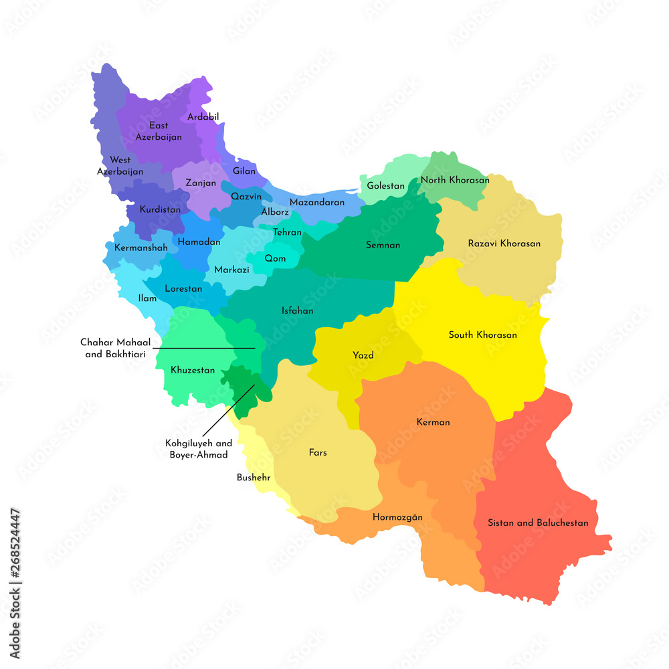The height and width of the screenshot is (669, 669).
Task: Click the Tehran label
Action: click(x=287, y=233)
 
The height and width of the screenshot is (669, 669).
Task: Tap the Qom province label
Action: click(x=275, y=258)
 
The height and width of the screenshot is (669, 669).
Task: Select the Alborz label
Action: click(x=275, y=212)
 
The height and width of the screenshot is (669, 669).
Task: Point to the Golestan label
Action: click(x=386, y=186)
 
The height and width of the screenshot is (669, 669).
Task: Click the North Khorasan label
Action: click(x=455, y=180)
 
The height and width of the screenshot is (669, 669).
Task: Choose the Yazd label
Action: click(x=363, y=355)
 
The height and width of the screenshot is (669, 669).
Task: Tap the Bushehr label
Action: click(x=253, y=478)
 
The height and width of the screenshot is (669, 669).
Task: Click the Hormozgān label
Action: click(x=397, y=517)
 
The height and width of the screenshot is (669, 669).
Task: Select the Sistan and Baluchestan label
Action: click(x=538, y=522)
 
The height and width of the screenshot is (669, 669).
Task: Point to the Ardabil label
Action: click(x=203, y=116)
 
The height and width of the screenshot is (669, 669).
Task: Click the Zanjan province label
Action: click(x=201, y=183)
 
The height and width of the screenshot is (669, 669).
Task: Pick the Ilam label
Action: click(x=147, y=298)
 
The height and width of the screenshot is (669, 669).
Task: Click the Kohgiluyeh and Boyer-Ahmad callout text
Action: click(x=199, y=449)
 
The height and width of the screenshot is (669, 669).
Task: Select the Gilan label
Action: click(x=244, y=171)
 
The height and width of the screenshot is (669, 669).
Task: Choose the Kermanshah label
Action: click(x=141, y=248)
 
